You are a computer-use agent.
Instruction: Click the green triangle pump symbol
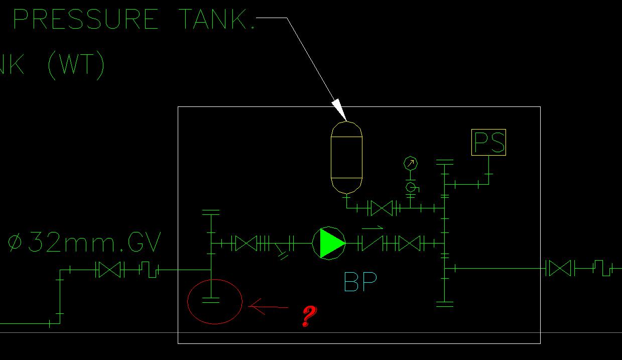point(329,243)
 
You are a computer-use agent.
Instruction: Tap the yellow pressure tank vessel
point(346,157)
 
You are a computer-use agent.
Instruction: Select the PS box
point(488,142)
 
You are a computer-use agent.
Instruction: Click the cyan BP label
point(360,282)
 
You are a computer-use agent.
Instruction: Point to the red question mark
point(310,316)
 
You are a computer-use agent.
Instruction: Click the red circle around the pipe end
point(215,301)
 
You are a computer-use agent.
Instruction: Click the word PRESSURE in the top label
point(85,20)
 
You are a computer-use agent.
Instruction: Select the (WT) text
point(76,66)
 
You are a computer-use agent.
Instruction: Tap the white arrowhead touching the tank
point(338,110)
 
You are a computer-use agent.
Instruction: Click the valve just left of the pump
point(246,244)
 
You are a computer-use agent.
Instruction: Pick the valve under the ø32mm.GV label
point(109,270)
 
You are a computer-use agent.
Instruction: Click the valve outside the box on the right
point(560,268)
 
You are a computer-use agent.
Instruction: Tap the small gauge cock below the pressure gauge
point(411,188)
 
